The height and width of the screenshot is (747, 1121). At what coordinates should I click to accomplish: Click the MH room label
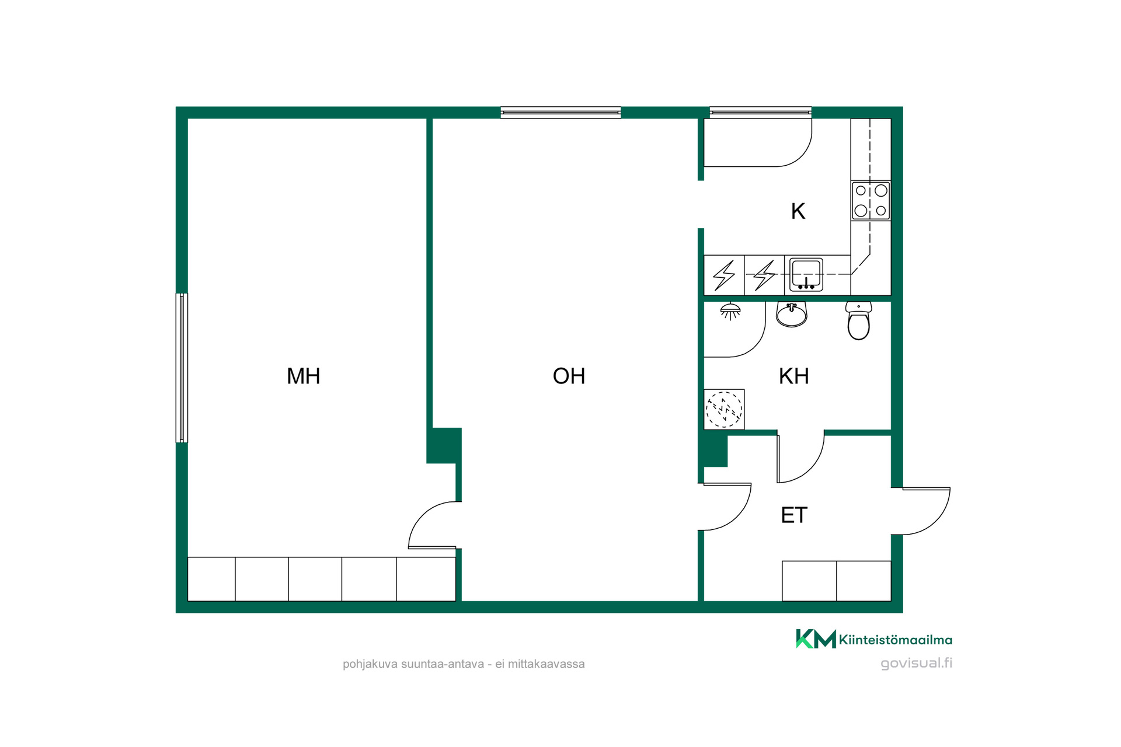click(304, 376)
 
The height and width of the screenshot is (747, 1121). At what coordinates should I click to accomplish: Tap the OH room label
click(569, 376)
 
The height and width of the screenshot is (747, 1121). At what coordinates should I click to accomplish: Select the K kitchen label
click(798, 211)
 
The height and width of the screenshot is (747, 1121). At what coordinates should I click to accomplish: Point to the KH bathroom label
click(794, 376)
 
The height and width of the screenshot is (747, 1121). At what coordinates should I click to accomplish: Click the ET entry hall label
click(794, 515)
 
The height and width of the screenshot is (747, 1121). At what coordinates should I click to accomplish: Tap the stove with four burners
click(871, 200)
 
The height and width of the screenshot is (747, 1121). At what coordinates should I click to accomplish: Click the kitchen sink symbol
click(806, 274)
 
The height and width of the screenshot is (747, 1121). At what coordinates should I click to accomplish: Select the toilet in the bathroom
click(859, 320)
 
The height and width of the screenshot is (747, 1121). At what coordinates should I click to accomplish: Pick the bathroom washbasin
click(792, 314)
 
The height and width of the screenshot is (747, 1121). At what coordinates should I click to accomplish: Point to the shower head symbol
click(730, 312)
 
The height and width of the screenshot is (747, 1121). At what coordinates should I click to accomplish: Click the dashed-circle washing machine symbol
click(724, 409)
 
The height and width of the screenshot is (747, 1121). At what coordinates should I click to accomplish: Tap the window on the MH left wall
click(182, 368)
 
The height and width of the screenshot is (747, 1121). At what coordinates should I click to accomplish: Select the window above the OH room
click(560, 113)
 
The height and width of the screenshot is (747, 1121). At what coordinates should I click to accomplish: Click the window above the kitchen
click(760, 113)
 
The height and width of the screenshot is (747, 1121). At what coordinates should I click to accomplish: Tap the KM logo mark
click(816, 639)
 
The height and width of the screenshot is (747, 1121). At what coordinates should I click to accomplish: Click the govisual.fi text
click(916, 663)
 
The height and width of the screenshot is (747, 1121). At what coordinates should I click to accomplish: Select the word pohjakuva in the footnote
click(370, 664)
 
